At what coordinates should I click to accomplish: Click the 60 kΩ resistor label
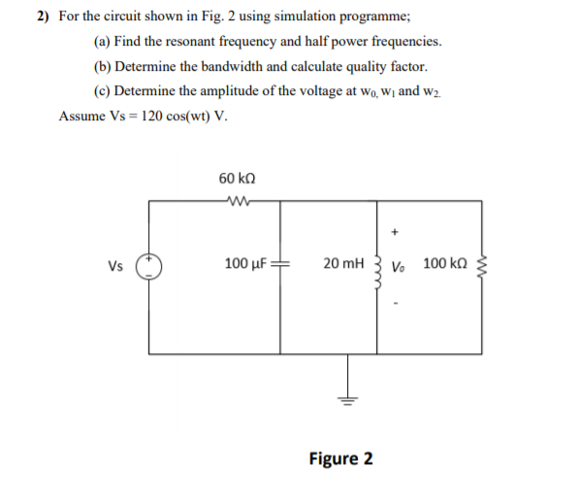[x=238, y=179]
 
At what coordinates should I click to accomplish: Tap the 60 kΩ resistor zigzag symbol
[x=237, y=201]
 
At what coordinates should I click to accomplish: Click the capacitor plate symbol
[x=279, y=265]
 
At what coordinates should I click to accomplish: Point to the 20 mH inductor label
[x=344, y=264]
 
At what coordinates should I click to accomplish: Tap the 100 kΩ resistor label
[x=445, y=264]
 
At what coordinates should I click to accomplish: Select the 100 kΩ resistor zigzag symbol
[x=481, y=265]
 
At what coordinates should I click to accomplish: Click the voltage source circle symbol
[x=148, y=265]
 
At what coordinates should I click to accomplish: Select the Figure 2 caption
[x=340, y=457]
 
